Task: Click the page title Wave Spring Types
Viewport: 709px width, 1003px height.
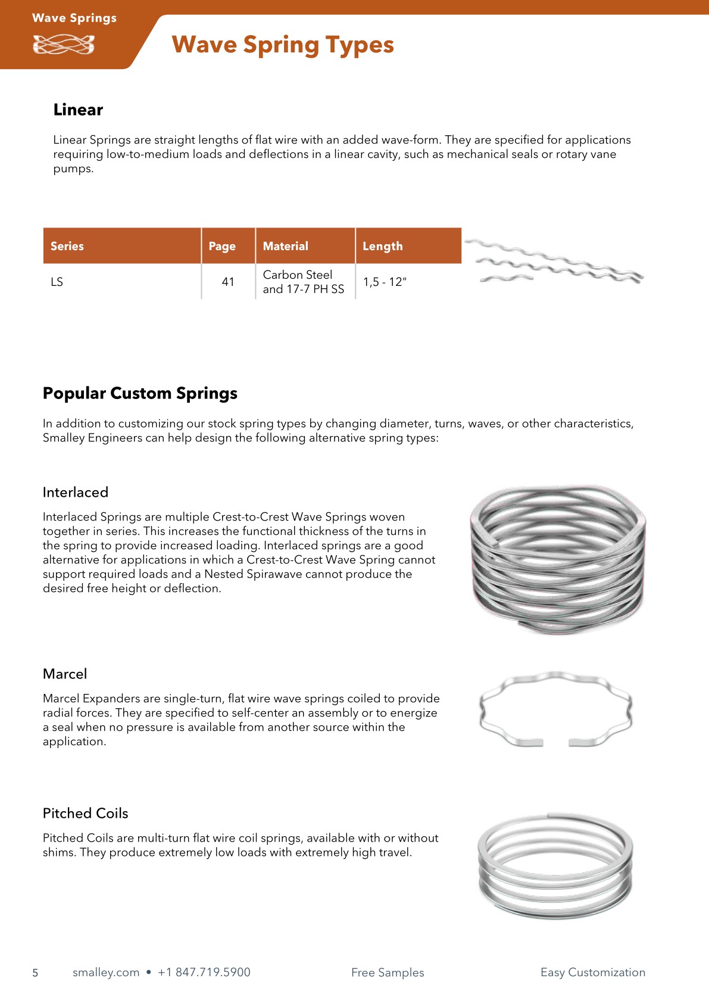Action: pyautogui.click(x=283, y=45)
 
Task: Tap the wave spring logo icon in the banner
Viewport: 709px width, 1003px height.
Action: pyautogui.click(x=64, y=45)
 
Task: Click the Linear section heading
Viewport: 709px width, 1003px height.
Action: pyautogui.click(x=78, y=110)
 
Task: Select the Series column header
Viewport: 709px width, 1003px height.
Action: pyautogui.click(x=67, y=246)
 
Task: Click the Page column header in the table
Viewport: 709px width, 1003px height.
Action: pyautogui.click(x=222, y=246)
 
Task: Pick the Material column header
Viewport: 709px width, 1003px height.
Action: pyautogui.click(x=286, y=246)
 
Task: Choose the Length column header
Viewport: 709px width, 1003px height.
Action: pyautogui.click(x=383, y=246)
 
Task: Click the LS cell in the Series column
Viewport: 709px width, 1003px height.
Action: pyautogui.click(x=57, y=282)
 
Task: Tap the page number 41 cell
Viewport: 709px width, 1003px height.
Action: pyautogui.click(x=228, y=282)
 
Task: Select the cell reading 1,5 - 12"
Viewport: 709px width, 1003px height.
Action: pyautogui.click(x=385, y=282)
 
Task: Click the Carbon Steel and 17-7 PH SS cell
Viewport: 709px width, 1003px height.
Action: pyautogui.click(x=304, y=282)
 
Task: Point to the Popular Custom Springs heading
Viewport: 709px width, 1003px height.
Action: pyautogui.click(x=140, y=393)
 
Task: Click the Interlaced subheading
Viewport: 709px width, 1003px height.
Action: pyautogui.click(x=76, y=493)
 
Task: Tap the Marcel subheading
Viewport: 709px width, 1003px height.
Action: pyautogui.click(x=65, y=674)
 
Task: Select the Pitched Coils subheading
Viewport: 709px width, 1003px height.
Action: pyautogui.click(x=86, y=814)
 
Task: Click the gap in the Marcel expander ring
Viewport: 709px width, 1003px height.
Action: pyautogui.click(x=556, y=742)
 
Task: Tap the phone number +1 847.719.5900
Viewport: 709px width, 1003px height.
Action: pyautogui.click(x=204, y=973)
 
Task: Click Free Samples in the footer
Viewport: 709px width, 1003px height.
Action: pyautogui.click(x=388, y=973)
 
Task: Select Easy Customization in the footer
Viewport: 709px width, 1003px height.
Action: pyautogui.click(x=593, y=973)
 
